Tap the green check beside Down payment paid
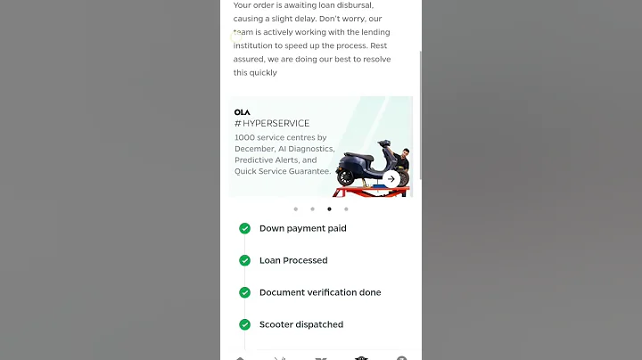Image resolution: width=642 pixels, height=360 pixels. click(x=244, y=228)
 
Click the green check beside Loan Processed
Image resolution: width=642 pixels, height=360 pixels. click(x=244, y=260)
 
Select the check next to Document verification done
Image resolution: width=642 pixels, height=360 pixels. click(x=244, y=292)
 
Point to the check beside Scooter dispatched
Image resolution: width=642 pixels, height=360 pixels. click(x=244, y=324)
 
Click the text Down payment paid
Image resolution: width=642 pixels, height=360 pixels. click(x=302, y=228)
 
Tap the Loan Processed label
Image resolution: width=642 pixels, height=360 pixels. click(x=293, y=260)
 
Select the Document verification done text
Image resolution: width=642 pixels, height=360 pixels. click(x=320, y=292)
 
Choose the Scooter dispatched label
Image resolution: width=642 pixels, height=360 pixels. click(x=301, y=324)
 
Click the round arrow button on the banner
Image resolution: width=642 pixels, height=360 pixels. click(x=391, y=179)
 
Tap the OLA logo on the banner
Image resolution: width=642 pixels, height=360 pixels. click(x=243, y=112)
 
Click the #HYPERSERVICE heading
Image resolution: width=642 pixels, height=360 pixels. click(x=272, y=124)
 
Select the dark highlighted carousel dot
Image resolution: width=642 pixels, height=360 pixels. click(x=329, y=209)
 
